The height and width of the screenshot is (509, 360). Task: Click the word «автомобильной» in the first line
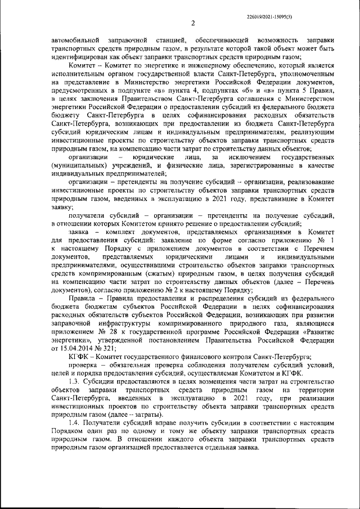coord(76,41)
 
